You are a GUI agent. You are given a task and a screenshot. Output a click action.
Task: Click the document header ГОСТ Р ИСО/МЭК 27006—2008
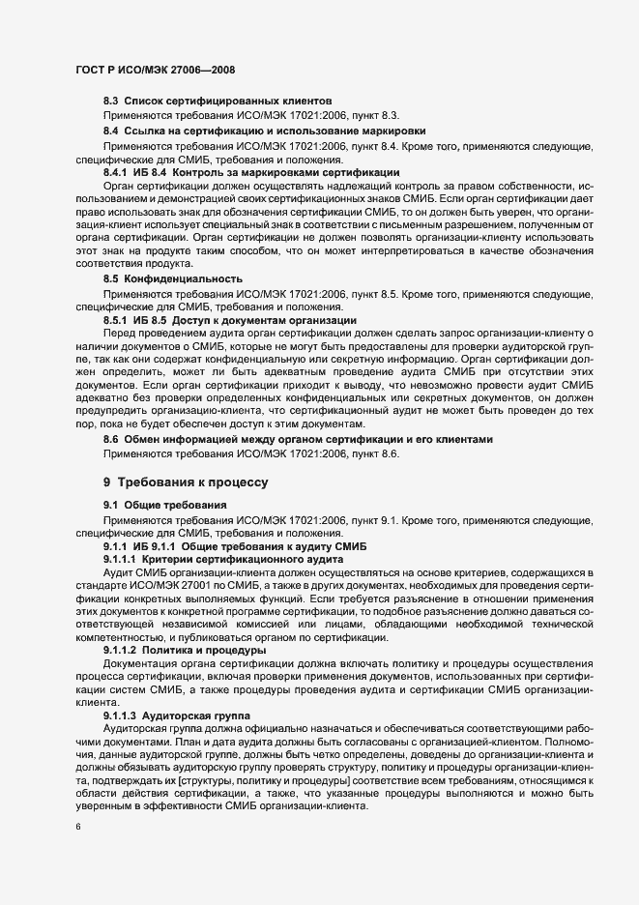pos(155,70)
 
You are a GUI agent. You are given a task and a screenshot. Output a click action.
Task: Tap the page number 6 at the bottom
pos(77,827)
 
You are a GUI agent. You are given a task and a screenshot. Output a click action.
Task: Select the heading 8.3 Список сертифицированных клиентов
pos(218,101)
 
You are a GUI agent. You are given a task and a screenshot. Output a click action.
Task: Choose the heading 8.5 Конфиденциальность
pos(173,278)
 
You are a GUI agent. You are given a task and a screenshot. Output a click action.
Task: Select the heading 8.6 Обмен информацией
pos(299,440)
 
